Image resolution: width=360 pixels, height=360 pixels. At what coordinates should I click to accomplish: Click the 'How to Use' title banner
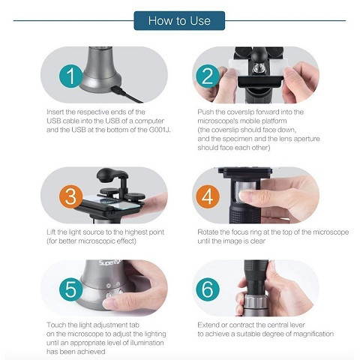[x=179, y=19]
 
